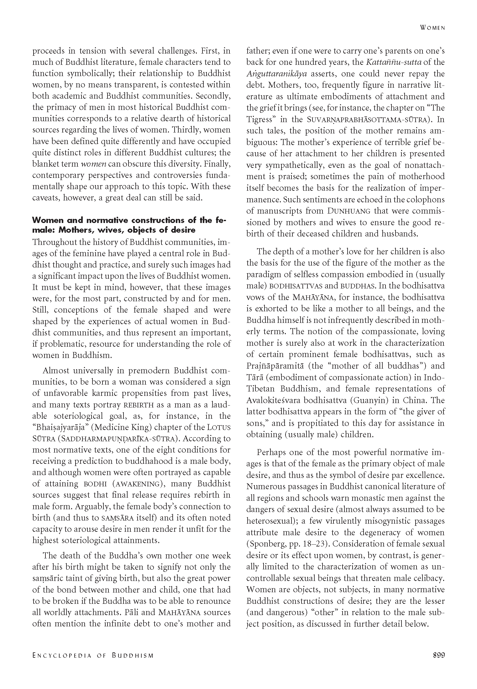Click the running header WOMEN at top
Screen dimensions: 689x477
432,28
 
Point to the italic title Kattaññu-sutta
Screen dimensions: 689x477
394,62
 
